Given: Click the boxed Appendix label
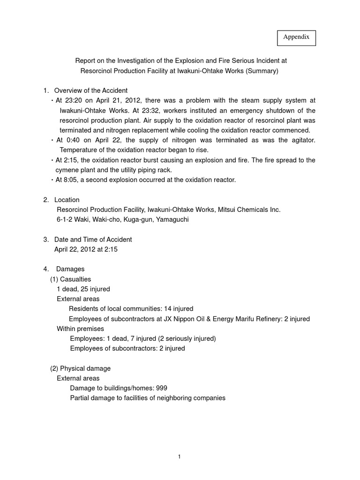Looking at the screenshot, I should [296, 37].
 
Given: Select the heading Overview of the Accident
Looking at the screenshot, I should [90, 90].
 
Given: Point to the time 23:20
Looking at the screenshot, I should [74, 100].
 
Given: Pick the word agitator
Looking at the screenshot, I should [301, 140].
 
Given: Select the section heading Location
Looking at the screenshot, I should [67, 200].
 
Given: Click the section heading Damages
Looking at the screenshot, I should [70, 269].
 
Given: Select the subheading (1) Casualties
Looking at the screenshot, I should [71, 279].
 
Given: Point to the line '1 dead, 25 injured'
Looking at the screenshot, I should [83, 289].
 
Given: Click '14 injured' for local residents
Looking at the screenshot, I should [176, 308].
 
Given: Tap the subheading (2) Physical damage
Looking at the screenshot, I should [80, 368].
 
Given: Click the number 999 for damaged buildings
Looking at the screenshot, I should [161, 388].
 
